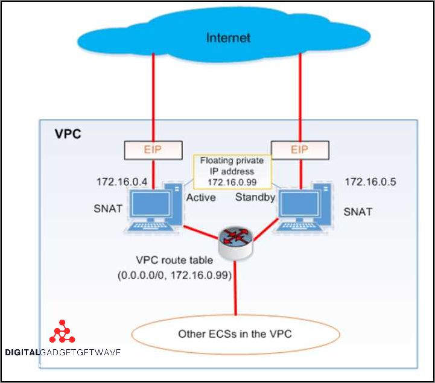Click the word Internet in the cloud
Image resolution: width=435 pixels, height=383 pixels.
[228, 38]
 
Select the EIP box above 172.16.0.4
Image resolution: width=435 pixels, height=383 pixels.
[153, 150]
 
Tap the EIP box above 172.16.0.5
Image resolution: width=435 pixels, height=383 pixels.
[299, 150]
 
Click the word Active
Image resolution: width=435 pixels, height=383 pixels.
[201, 197]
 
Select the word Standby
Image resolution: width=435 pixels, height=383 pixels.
[255, 197]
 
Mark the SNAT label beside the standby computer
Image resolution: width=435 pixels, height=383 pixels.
[358, 212]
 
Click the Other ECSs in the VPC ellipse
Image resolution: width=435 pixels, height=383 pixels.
[235, 334]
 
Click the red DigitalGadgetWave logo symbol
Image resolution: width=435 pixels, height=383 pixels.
[62, 332]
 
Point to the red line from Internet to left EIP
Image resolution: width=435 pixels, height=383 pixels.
[153, 97]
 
